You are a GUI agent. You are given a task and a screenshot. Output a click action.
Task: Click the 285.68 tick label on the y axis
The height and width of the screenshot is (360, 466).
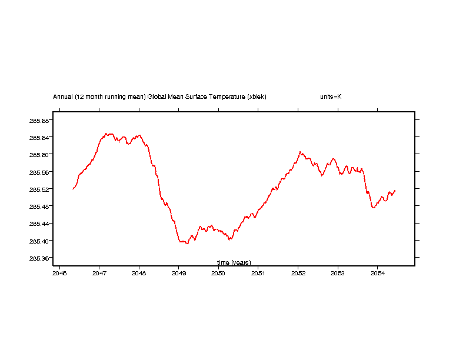tap(38, 120)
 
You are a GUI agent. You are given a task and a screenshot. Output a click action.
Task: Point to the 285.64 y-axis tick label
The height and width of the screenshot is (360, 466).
tap(38, 137)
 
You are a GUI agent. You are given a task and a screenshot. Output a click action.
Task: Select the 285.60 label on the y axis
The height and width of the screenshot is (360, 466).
tap(38, 154)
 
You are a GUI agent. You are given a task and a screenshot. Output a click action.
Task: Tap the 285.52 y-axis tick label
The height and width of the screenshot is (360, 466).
tap(38, 189)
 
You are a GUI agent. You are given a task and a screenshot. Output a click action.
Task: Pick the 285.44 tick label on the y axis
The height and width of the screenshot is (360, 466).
tap(38, 224)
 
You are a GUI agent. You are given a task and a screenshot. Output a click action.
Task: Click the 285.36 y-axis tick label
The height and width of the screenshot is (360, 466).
tap(38, 258)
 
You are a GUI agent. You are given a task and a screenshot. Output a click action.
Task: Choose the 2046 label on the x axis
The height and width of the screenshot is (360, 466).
tap(59, 273)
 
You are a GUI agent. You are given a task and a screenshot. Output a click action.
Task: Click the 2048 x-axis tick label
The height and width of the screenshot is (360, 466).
tap(139, 273)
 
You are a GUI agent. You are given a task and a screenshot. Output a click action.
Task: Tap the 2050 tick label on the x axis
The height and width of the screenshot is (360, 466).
tap(218, 273)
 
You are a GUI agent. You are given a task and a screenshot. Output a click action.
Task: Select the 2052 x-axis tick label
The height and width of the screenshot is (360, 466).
tap(298, 273)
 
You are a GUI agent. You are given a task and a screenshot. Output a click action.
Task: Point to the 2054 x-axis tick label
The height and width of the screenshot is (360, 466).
tap(377, 273)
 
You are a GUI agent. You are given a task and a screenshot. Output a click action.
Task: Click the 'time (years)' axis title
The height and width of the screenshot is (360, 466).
tap(234, 262)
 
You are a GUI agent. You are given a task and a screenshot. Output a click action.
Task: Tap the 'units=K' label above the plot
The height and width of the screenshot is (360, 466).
tap(331, 96)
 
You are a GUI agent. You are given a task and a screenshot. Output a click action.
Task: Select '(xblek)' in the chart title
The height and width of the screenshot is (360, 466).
tap(257, 96)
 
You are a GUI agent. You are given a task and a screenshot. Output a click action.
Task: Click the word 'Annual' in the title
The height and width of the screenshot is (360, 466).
tap(63, 96)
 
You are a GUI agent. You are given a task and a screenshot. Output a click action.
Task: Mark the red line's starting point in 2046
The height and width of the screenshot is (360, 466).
tap(73, 189)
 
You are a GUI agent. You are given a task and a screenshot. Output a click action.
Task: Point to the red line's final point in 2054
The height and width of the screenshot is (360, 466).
tap(395, 190)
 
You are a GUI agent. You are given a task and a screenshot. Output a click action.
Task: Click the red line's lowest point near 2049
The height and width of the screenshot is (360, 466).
tap(187, 243)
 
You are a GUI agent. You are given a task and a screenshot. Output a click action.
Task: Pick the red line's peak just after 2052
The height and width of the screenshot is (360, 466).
tap(300, 152)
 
